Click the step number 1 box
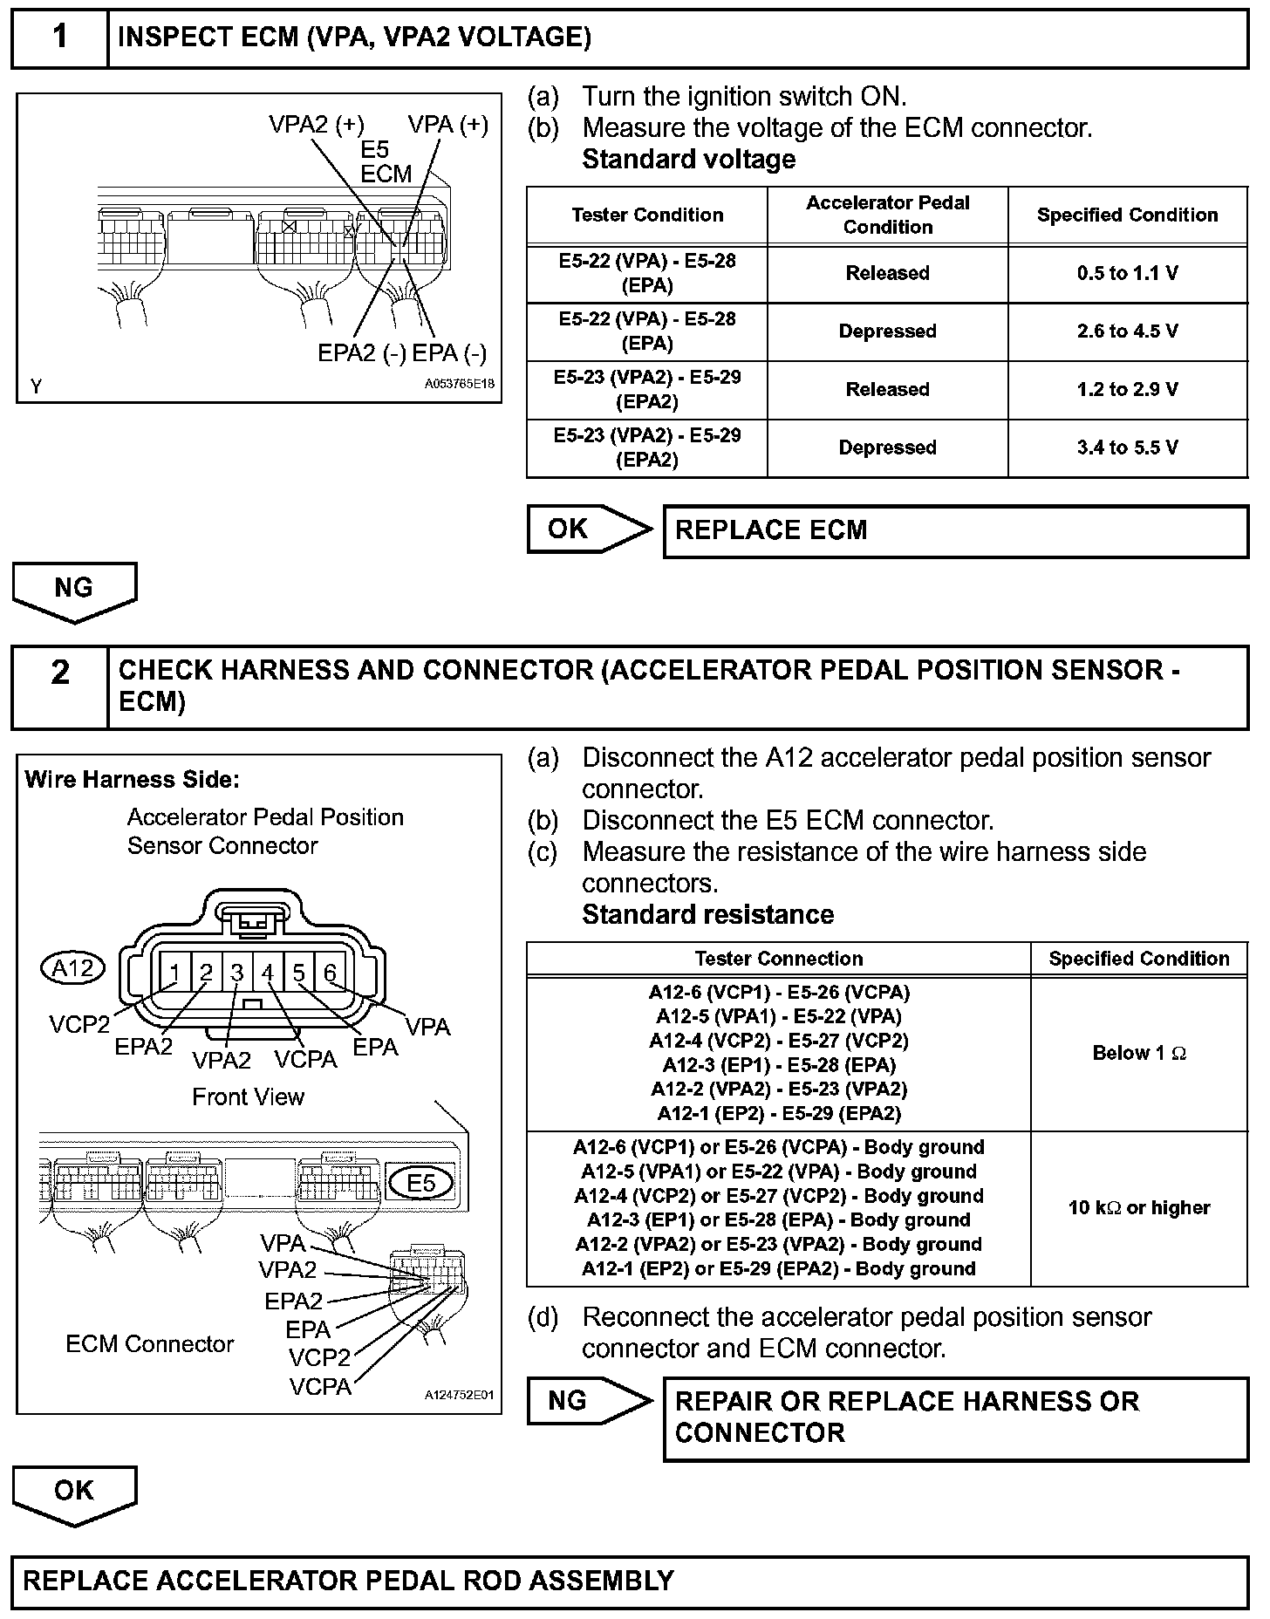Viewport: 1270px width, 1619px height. [x=59, y=38]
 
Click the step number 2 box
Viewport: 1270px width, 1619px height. [x=59, y=687]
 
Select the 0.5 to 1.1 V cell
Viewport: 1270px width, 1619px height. [x=1127, y=274]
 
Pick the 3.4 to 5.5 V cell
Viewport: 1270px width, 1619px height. [x=1127, y=447]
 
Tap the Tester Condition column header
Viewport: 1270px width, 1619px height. [x=647, y=215]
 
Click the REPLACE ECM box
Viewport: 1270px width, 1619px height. [x=955, y=531]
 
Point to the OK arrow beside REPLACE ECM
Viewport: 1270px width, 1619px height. [x=587, y=529]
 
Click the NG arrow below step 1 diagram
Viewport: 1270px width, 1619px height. [x=74, y=590]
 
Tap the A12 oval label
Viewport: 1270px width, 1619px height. [x=73, y=968]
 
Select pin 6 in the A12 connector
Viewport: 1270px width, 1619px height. [x=330, y=973]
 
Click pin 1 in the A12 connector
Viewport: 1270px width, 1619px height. [x=175, y=973]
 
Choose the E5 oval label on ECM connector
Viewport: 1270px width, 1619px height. [x=421, y=1183]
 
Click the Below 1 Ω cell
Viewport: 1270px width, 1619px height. [x=1138, y=1054]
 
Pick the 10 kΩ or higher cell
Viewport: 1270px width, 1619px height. [x=1138, y=1208]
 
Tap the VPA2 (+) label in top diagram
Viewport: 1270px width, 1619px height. [x=316, y=125]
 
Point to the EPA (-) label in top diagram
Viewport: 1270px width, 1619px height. [x=449, y=353]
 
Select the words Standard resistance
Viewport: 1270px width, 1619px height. [x=707, y=914]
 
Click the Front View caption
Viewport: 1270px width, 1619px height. [x=248, y=1096]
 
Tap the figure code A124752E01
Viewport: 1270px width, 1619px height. [x=459, y=1395]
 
